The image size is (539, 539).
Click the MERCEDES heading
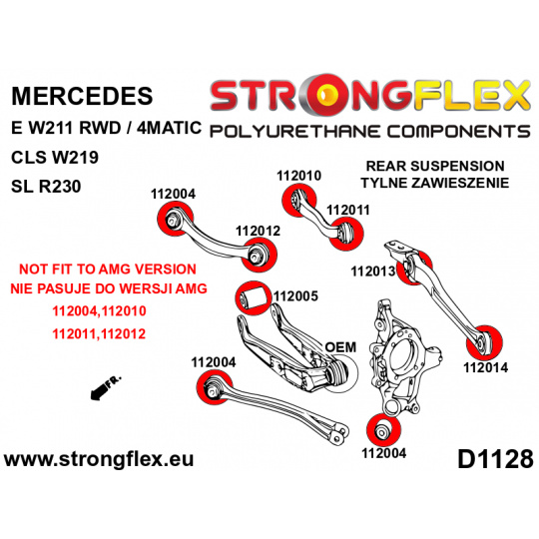click(x=82, y=96)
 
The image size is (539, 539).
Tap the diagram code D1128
click(x=495, y=459)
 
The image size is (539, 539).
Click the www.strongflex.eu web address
click(x=99, y=459)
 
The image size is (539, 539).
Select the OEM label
click(x=340, y=347)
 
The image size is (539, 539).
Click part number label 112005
click(x=295, y=296)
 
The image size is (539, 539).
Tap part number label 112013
click(x=373, y=271)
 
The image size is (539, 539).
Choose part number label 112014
click(x=486, y=367)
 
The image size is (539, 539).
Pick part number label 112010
click(x=298, y=176)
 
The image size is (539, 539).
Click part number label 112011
click(x=348, y=210)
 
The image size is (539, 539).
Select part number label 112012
click(x=258, y=231)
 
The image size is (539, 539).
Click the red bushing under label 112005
click(x=254, y=297)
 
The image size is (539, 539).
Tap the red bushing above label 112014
click(x=484, y=342)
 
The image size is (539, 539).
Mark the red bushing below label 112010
click(x=298, y=200)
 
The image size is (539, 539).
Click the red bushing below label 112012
click(x=259, y=255)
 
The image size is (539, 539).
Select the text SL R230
click(x=46, y=187)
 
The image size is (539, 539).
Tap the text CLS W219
click(x=55, y=158)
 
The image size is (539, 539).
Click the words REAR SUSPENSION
click(x=435, y=166)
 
